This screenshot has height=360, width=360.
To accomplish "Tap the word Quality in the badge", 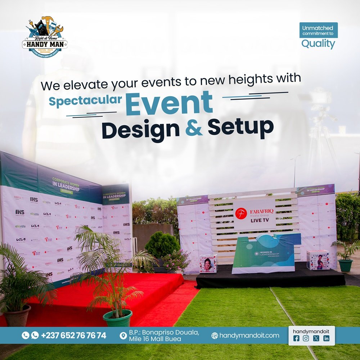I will tap(318, 44).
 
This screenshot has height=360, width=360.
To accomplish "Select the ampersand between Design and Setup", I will tap(194, 129).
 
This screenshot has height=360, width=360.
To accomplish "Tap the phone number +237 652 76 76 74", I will tap(73, 336).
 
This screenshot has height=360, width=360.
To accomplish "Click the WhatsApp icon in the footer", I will tap(35, 336).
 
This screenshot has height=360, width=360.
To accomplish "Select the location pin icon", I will tap(123, 336).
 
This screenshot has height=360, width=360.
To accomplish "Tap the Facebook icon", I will tap(297, 338).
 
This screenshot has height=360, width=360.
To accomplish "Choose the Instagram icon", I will tap(306, 338).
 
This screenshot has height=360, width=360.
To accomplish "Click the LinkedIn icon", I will tap(326, 338).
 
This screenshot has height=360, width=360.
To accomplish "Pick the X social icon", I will tap(316, 338).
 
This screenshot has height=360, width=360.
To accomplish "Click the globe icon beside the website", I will tap(215, 336).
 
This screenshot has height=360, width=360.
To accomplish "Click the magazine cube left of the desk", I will tap(208, 263).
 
